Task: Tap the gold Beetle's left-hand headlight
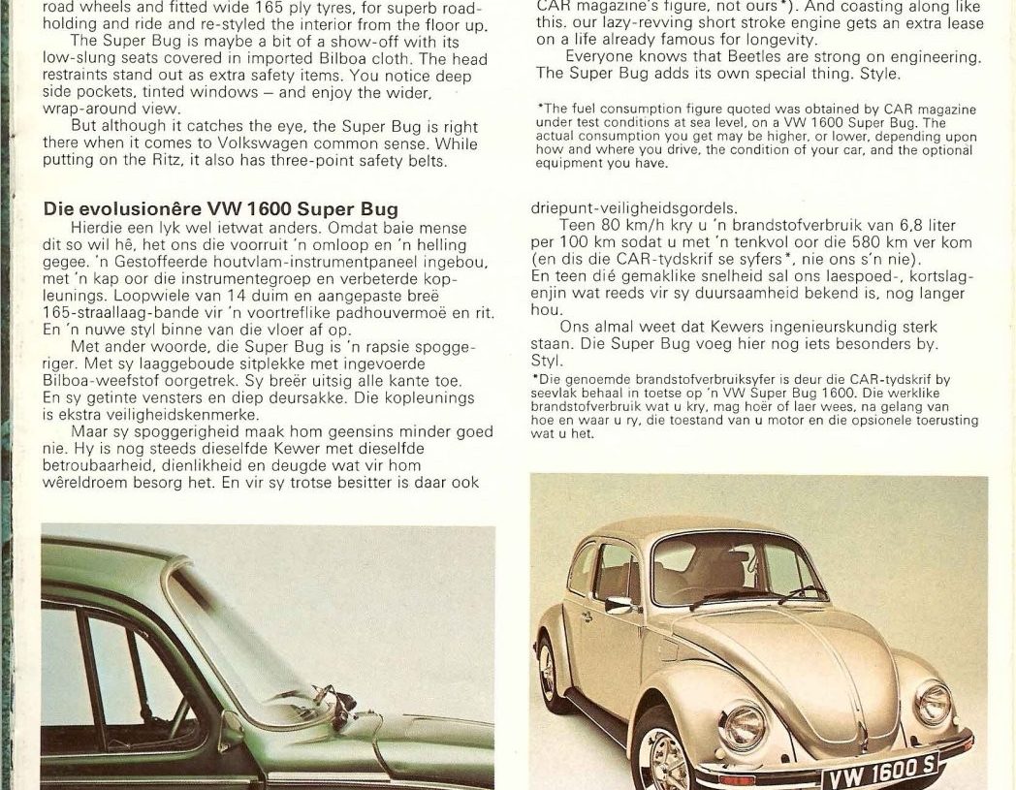742,725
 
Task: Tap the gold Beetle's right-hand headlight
934,702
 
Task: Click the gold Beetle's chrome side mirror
619,604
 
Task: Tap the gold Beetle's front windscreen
737,568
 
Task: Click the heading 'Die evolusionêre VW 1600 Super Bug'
221,209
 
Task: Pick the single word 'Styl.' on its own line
549,361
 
